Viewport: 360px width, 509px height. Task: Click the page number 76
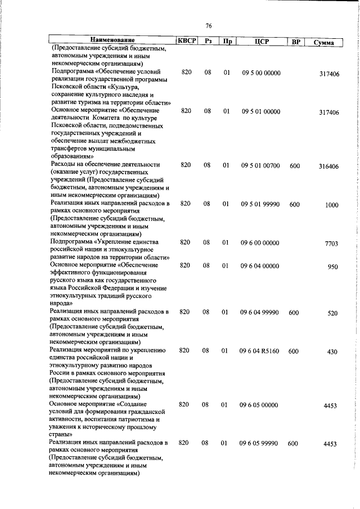pos(208,26)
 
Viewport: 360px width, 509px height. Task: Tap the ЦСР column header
pos(260,41)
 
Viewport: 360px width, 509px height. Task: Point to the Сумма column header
pos(323,43)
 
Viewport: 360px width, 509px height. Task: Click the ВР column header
pos(294,42)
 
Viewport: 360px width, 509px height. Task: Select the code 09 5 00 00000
pos(261,73)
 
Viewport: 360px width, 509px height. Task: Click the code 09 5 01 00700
pos(261,165)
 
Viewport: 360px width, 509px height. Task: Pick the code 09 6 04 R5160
pos(261,350)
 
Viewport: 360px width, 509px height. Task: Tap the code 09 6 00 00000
pos(261,242)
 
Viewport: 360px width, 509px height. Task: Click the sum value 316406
pos(328,167)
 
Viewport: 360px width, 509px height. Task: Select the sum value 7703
pos(331,244)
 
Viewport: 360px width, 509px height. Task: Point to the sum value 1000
pos(331,205)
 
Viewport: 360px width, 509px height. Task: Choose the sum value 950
pos(332,267)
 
